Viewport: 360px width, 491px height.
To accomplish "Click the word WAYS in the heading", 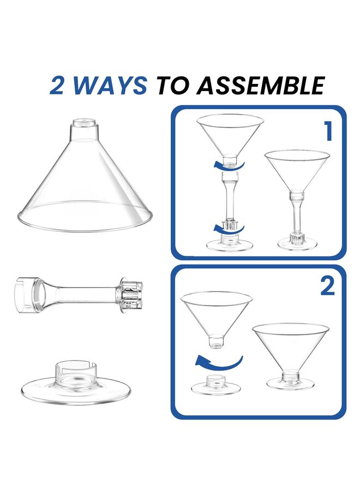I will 111,85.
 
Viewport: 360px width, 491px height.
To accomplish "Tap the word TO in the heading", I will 173,85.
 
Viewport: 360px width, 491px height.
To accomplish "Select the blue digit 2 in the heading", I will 59,85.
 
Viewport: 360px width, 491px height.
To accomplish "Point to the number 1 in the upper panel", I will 327,132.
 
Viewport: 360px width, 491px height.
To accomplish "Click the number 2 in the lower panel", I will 327,286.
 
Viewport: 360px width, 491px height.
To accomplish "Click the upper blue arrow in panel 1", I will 228,164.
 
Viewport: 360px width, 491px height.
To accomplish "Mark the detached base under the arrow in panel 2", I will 217,385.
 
